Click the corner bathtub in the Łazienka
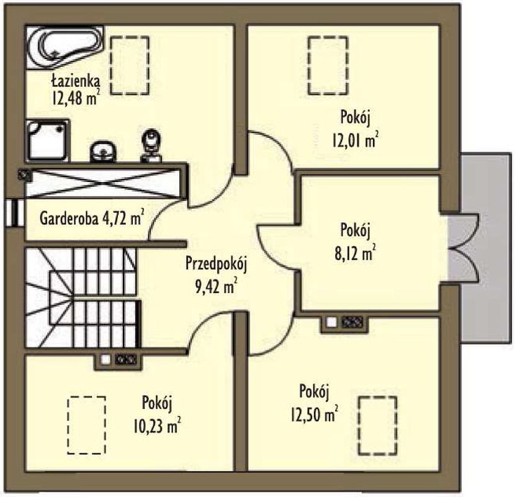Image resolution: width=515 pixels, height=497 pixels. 64,48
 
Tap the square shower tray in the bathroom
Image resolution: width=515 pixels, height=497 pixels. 48,140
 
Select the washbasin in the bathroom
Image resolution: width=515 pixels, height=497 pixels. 104,152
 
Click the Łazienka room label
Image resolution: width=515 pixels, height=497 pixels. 75,81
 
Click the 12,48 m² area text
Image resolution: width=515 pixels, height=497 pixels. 75,98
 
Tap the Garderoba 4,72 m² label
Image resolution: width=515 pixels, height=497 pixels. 91,218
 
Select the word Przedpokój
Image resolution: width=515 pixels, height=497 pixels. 216,265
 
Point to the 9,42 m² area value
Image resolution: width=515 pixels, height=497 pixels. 216,285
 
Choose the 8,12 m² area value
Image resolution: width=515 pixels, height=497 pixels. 356,253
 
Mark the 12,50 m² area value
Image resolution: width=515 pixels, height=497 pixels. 314,414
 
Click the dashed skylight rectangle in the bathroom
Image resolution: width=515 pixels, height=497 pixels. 130,65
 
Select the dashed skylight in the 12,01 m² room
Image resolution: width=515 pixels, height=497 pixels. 328,65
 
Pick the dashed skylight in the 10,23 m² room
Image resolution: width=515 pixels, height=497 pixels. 87,425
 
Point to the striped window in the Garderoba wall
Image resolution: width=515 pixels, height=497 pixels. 14,213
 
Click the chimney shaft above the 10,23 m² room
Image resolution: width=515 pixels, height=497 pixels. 119,360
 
